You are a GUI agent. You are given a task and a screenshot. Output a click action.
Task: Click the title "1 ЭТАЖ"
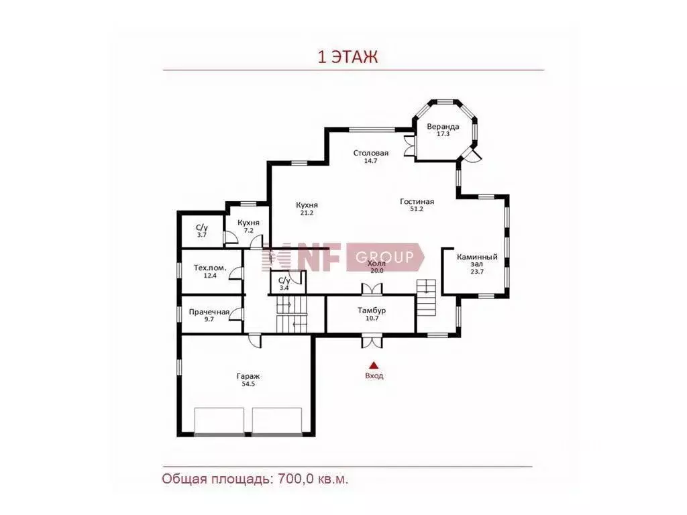click(x=348, y=57)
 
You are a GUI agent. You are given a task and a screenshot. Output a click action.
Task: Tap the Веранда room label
click(x=443, y=127)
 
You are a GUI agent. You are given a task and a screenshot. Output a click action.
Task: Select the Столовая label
click(x=370, y=154)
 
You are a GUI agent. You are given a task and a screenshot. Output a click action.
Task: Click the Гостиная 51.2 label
click(x=417, y=205)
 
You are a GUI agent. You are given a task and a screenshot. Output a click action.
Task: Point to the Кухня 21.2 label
click(x=307, y=209)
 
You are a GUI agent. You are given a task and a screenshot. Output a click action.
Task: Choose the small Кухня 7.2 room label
click(x=248, y=227)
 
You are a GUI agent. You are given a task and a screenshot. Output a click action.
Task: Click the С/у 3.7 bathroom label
click(x=201, y=231)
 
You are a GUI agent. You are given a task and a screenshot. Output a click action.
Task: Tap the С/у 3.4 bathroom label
click(x=284, y=284)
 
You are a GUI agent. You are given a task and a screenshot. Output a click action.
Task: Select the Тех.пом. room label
click(x=210, y=268)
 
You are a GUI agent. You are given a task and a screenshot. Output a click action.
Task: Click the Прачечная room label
click(x=209, y=312)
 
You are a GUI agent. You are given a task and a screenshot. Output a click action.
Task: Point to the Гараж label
click(x=248, y=376)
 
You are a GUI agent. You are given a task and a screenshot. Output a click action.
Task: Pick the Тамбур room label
click(x=372, y=310)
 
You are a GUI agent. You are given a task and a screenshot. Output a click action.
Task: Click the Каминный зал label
click(x=477, y=261)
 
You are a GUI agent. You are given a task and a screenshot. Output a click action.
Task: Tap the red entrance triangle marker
click(x=373, y=365)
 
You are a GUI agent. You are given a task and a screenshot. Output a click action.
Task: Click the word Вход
click(x=374, y=376)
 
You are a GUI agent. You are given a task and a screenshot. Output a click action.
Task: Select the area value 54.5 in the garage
click(x=248, y=384)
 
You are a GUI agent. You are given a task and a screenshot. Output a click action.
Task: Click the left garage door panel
click(x=219, y=421)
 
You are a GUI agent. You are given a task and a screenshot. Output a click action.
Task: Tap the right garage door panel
click(x=277, y=421)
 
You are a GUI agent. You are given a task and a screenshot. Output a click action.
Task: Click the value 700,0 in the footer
click(x=293, y=479)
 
